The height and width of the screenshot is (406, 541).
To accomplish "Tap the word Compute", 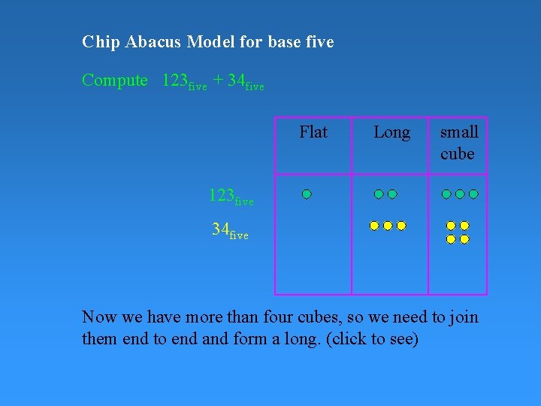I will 115,80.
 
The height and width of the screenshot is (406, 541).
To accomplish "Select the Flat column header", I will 313,133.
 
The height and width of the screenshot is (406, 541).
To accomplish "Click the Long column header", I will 391,133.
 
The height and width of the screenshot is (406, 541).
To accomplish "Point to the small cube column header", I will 458,143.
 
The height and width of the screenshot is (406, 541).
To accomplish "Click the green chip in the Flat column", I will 307,194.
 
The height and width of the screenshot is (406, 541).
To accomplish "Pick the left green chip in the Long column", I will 379,194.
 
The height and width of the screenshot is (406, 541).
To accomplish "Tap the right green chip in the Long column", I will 392,194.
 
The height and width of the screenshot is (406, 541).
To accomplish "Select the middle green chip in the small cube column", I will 460,194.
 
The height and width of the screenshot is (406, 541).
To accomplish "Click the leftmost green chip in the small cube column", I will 446,194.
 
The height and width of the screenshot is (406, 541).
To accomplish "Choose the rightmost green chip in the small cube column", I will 473,194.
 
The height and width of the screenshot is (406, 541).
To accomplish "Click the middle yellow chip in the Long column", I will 388,226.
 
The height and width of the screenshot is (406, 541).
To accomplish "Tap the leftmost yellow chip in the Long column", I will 374,226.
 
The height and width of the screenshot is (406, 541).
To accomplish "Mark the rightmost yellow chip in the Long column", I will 401,226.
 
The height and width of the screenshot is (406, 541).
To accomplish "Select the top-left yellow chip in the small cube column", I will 451,226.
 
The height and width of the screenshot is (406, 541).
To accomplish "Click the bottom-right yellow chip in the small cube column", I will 464,239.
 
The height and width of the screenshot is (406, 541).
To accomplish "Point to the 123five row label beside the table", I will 231,197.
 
